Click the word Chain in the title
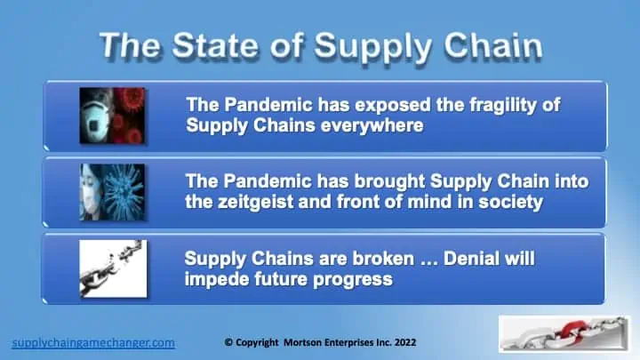click(493, 45)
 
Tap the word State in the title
click(215, 45)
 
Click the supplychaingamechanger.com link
click(93, 342)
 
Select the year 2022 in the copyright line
click(405, 342)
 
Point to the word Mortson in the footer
click(302, 342)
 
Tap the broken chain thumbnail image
click(113, 268)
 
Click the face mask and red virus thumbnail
click(112, 116)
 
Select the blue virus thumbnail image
click(112, 192)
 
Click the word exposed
click(393, 105)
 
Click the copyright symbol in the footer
click(228, 342)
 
